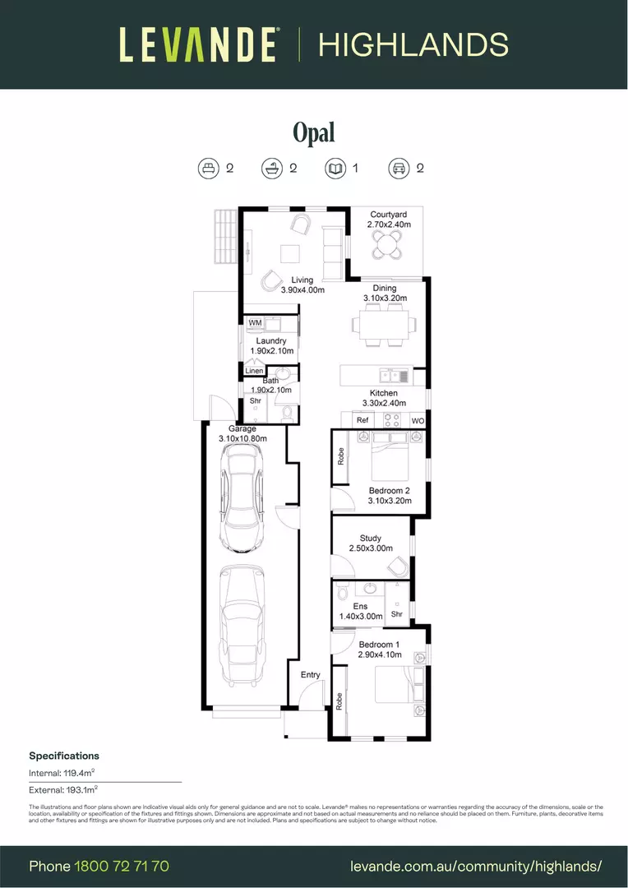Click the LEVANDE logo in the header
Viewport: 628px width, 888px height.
[198, 44]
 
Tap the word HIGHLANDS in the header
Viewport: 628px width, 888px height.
[413, 44]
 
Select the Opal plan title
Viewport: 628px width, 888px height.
[314, 132]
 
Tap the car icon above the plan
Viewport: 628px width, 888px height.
[399, 169]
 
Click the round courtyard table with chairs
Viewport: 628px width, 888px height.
[387, 243]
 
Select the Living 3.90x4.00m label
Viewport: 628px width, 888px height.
[302, 284]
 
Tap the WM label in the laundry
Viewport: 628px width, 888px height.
[255, 324]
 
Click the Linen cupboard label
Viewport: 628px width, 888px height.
[255, 372]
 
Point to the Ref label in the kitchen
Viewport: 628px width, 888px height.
[362, 421]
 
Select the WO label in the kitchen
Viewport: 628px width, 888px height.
[418, 421]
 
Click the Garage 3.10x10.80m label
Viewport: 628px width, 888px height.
[242, 434]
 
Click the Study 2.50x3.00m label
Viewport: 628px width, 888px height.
[371, 543]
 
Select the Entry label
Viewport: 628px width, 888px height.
[310, 675]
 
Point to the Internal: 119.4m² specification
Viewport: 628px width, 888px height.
[62, 773]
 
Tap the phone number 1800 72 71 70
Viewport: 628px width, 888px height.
[122, 866]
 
